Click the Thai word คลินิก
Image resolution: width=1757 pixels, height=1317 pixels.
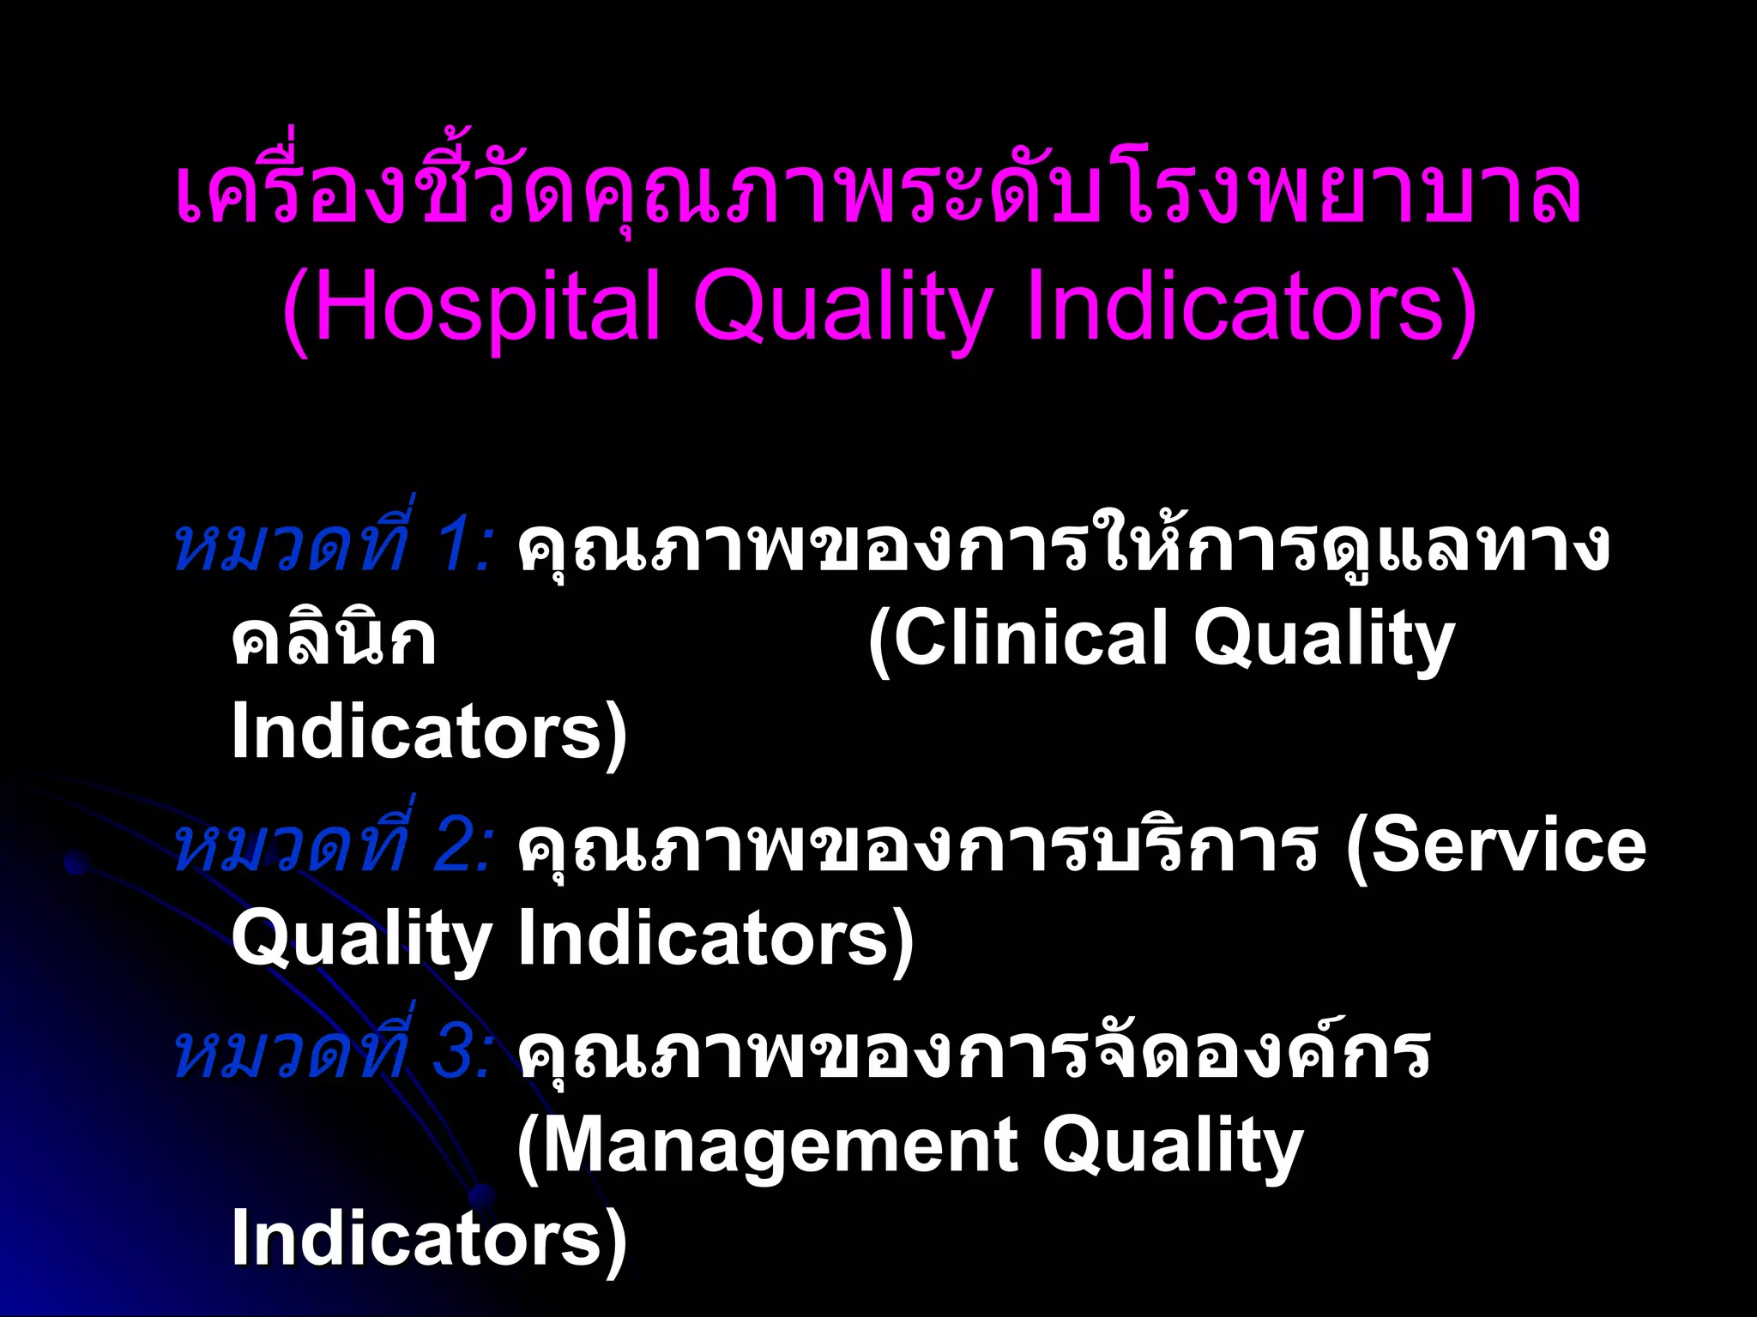coord(335,639)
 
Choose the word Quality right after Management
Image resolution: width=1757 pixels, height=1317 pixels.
coord(1172,1148)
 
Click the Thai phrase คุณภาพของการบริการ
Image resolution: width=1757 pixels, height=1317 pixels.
coord(918,847)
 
